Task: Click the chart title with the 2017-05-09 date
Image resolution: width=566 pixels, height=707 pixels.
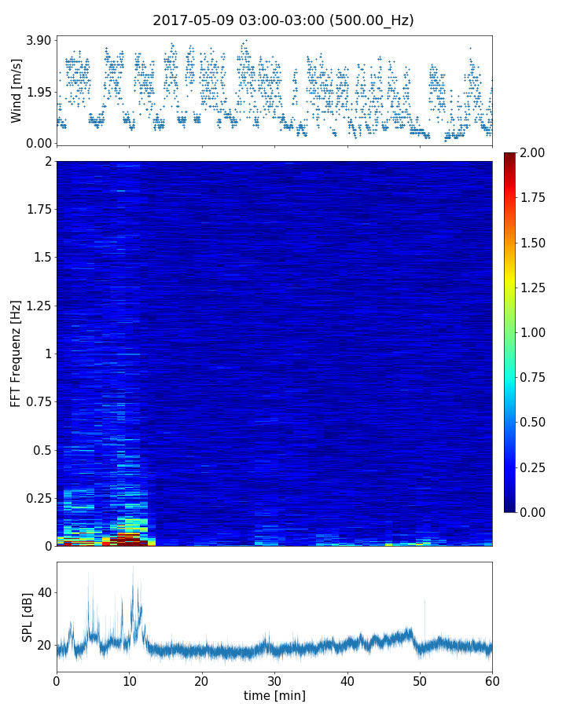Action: [283, 20]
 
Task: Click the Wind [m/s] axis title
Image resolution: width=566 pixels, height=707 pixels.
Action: [17, 90]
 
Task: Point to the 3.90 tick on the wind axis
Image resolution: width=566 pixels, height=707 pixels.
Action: [38, 40]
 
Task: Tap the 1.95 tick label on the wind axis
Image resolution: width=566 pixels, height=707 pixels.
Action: [38, 92]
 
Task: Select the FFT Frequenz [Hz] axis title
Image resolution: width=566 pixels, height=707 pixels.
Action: [17, 353]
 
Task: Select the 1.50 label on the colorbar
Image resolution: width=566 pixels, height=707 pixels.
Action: [538, 243]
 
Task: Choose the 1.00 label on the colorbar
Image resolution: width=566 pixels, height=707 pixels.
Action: [538, 332]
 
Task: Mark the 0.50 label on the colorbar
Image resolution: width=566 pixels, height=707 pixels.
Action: [538, 423]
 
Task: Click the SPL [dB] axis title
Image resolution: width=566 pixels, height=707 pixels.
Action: [28, 616]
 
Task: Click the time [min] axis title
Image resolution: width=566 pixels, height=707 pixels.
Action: [274, 695]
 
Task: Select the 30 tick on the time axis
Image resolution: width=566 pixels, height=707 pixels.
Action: [274, 680]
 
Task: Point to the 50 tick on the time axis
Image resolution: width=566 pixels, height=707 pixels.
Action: [420, 680]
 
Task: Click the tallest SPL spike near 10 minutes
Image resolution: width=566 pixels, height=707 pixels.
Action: [133, 568]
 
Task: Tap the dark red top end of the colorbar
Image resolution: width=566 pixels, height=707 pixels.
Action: [510, 156]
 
